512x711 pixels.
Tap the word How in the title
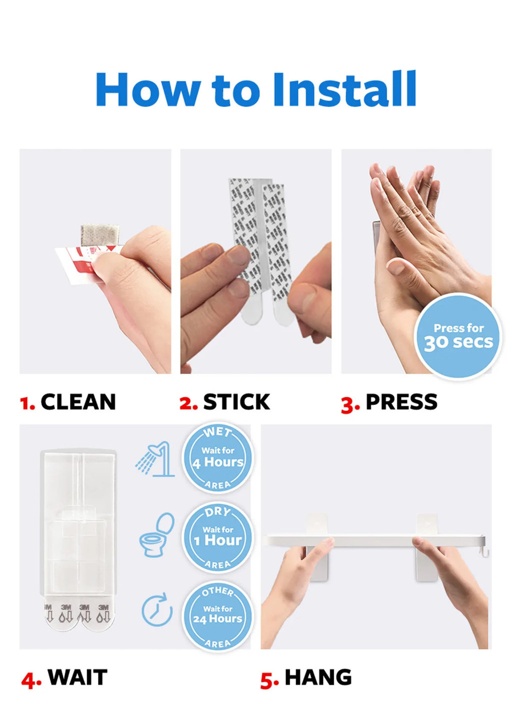(147, 90)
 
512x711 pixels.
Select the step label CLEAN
(78, 402)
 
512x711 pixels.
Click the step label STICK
(236, 402)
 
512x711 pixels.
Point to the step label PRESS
(401, 402)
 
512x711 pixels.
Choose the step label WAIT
(77, 677)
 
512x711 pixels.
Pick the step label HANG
(318, 677)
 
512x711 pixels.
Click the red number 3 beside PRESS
(349, 404)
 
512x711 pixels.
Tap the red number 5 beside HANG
(269, 680)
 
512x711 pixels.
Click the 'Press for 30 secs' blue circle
(457, 336)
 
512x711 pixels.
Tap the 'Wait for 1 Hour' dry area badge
(217, 537)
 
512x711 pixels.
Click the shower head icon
(155, 458)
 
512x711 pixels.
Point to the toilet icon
(157, 535)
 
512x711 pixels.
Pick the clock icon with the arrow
(156, 610)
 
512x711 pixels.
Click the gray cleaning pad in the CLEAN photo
(100, 235)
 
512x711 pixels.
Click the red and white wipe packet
(75, 265)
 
